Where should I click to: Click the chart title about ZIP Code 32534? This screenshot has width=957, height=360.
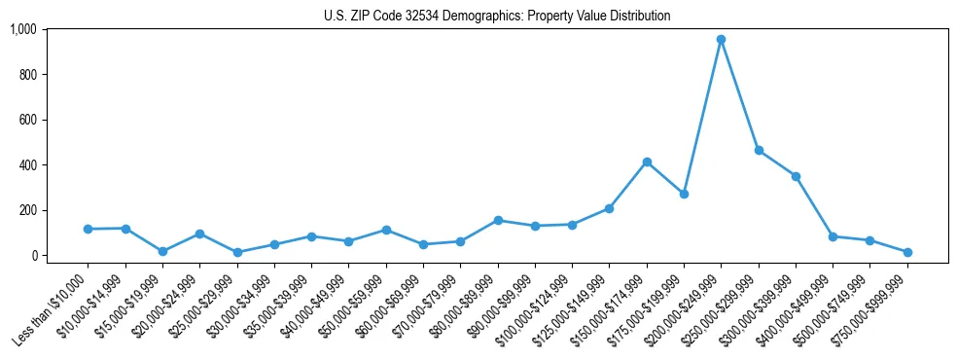click(497, 16)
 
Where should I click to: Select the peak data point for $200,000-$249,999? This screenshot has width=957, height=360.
click(721, 40)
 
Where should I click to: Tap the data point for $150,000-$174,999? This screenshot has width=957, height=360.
click(647, 162)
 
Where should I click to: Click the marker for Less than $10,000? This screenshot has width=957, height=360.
click(88, 229)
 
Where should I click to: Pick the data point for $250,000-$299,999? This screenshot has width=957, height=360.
click(759, 151)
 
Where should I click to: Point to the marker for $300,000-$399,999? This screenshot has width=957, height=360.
click(796, 176)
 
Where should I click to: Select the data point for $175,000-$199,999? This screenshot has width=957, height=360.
click(684, 194)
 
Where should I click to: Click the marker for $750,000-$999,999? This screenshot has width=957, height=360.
click(907, 252)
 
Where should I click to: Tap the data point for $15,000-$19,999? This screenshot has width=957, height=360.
click(162, 251)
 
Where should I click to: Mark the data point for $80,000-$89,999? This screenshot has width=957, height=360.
click(498, 220)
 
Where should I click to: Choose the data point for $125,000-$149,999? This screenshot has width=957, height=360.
click(609, 208)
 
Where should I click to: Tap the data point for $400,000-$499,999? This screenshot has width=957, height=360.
click(833, 236)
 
